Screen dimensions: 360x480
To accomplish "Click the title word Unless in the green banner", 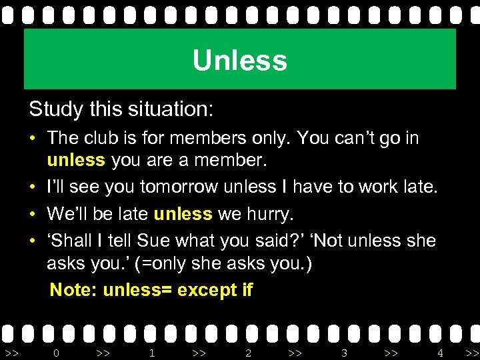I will pos(239,61).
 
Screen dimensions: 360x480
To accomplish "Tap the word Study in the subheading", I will pos(55,108).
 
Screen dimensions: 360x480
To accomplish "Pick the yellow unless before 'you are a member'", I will pos(75,161).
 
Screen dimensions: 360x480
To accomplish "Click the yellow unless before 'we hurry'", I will pos(183,214).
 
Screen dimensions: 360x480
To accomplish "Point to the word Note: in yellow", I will pos(74,290).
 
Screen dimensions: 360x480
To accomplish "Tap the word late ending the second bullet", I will pos(421,187).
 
